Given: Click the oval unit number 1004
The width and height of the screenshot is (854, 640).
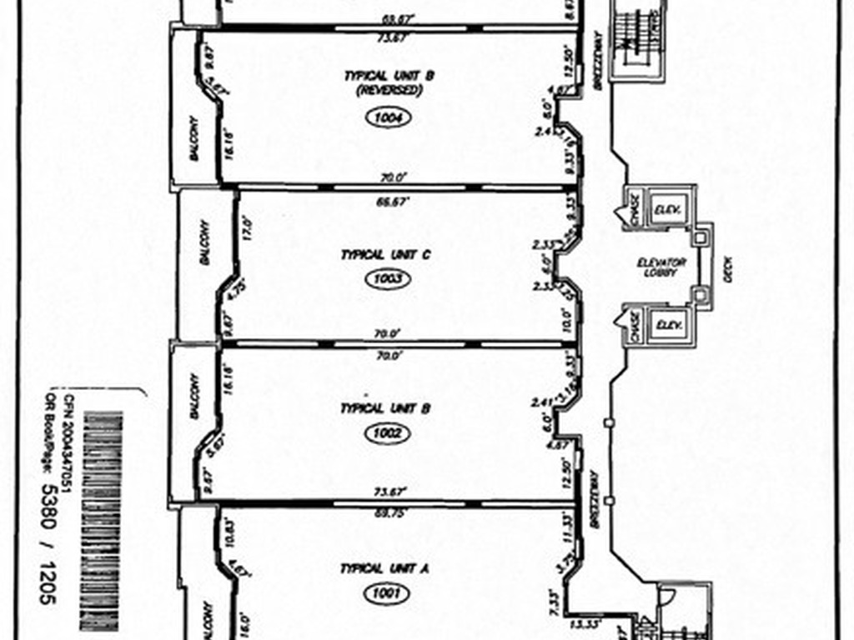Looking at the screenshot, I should coord(389,118).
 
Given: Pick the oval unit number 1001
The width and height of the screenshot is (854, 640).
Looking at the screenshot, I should coord(385,594).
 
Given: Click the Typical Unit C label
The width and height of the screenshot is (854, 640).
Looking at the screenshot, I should coord(384,255).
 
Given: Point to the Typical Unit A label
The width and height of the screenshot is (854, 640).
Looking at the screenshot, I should coord(384,569).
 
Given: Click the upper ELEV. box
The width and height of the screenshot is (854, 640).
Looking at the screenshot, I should coord(666,208).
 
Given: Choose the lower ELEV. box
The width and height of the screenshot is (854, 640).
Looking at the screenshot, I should coord(666,326).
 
